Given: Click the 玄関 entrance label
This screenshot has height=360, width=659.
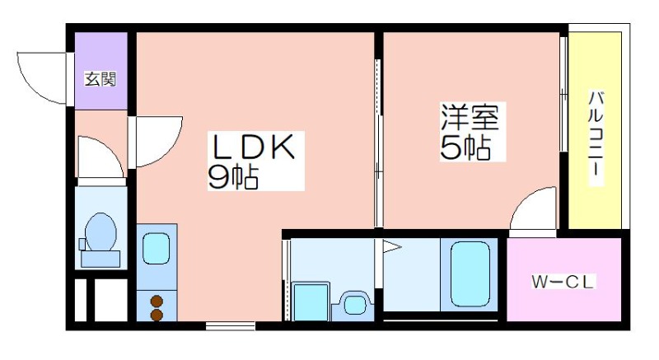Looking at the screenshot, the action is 100,79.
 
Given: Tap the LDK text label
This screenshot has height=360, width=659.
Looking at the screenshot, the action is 253,147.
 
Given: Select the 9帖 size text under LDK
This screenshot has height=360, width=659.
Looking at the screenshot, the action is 233,177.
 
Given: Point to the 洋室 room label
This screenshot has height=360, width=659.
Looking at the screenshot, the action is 470,117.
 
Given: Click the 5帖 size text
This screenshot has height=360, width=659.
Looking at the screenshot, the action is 465,147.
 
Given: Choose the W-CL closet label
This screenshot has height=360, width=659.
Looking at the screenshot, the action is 563,282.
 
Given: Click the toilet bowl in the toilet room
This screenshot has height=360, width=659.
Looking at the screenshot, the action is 100,231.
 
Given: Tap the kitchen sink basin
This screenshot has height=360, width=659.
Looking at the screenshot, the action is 157,248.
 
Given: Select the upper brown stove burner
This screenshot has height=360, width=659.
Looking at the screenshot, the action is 157,301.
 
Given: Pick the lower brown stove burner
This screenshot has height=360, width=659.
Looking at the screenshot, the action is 157,315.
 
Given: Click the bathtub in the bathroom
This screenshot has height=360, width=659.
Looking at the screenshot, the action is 470,275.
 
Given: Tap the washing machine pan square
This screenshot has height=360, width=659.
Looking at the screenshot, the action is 311,302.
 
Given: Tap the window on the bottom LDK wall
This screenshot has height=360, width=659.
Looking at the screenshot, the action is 231,325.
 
